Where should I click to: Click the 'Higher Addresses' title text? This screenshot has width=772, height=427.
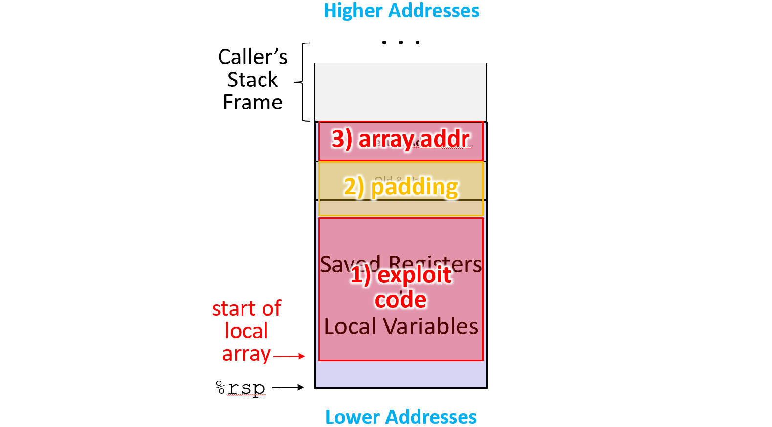click(x=401, y=11)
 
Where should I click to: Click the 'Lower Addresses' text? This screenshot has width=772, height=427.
click(x=400, y=417)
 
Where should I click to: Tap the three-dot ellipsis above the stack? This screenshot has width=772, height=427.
click(x=400, y=43)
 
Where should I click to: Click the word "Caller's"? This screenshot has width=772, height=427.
click(x=252, y=57)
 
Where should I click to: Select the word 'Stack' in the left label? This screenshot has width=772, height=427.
click(x=252, y=80)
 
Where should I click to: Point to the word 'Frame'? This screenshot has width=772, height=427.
click(x=252, y=103)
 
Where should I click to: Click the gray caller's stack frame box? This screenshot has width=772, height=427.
click(x=400, y=92)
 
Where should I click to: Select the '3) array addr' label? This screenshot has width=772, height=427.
click(x=400, y=139)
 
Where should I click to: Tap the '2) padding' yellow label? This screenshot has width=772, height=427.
click(x=400, y=187)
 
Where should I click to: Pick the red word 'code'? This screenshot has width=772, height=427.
click(x=400, y=299)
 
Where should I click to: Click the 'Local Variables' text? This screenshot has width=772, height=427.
click(x=400, y=326)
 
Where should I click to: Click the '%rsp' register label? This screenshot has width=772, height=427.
click(x=240, y=388)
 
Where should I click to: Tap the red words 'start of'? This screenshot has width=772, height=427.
click(x=246, y=309)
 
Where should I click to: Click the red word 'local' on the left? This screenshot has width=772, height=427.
click(x=246, y=331)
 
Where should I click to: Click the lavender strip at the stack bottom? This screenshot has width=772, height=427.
click(x=400, y=374)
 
